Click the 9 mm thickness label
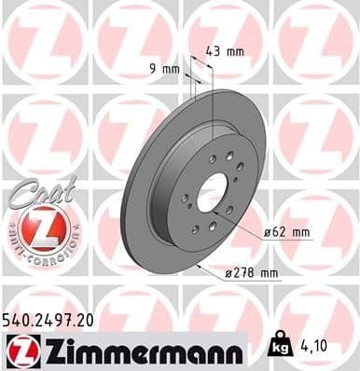pos(164,68)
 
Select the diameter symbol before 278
pos(230,272)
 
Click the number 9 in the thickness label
pos(154,68)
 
